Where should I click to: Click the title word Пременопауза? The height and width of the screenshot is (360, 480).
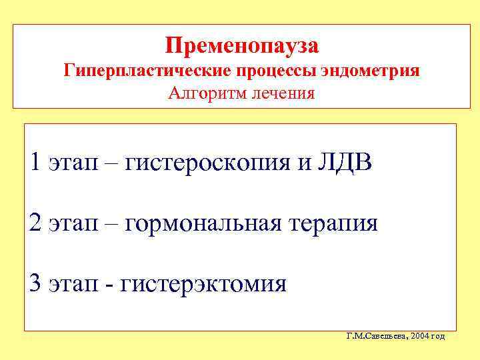pos(242,45)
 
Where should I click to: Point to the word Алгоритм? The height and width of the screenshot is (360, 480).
pos(208,92)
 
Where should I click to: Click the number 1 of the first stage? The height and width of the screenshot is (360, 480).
pos(36,161)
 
